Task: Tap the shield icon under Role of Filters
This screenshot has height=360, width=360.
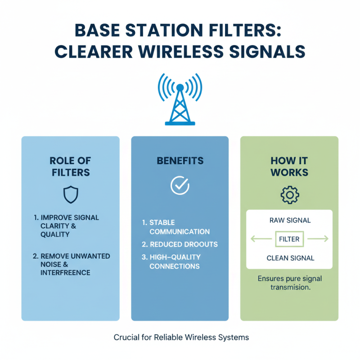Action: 70,194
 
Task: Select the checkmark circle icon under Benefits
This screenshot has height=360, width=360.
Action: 180,185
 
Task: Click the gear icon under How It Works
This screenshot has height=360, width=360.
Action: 289,194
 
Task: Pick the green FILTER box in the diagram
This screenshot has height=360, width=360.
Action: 289,239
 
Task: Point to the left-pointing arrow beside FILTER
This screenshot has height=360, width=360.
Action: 260,239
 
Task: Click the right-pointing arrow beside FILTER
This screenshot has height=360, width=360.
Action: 319,239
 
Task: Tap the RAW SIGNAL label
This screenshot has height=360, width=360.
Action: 289,221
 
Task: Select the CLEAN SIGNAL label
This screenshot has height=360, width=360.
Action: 289,258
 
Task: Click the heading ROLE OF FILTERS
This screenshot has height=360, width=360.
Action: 70,166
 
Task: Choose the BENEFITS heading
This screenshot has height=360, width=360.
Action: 180,161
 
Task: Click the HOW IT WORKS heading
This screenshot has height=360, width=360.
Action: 289,166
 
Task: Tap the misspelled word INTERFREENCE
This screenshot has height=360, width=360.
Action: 65,273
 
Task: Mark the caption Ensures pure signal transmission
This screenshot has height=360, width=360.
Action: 289,283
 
